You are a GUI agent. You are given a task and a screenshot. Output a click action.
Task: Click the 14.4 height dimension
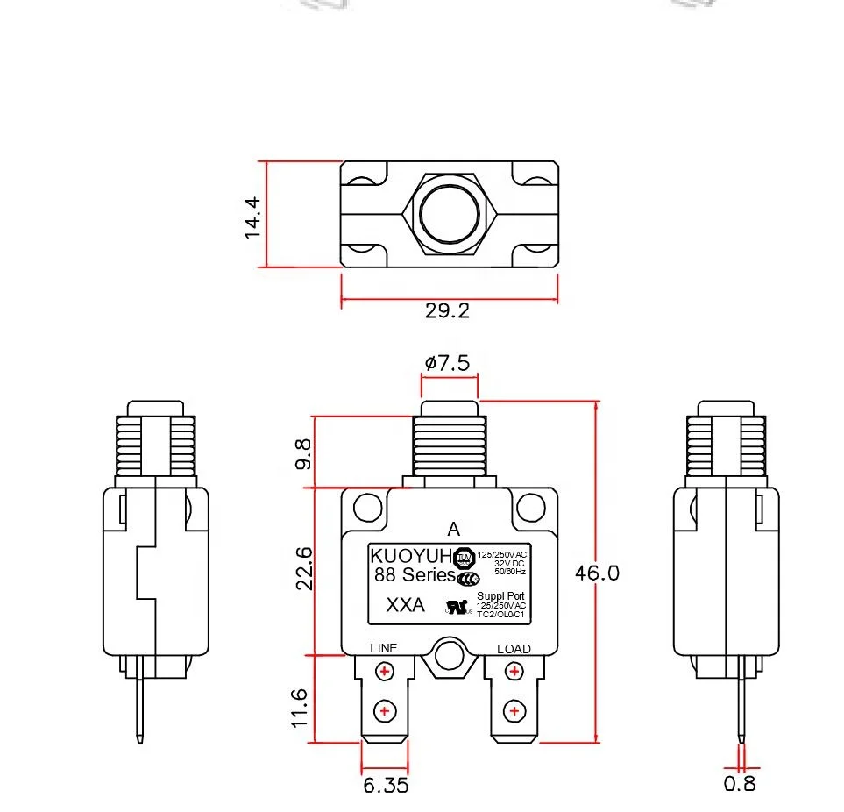tap(252, 217)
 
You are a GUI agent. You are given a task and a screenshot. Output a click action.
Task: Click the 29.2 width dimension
tap(448, 310)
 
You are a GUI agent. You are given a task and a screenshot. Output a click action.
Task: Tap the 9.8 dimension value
tap(303, 453)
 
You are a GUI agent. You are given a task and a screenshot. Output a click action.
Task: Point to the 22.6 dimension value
tap(303, 568)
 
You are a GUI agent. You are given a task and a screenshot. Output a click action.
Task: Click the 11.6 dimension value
tap(300, 707)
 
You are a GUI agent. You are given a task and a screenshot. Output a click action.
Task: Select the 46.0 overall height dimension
tap(597, 573)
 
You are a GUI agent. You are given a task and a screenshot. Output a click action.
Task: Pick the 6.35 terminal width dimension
tap(386, 785)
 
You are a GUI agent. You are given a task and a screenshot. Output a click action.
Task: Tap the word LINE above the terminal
tap(384, 648)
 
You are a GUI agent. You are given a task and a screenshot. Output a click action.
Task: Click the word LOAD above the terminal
tap(514, 649)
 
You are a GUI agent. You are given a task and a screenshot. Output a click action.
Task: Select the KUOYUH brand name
tap(410, 556)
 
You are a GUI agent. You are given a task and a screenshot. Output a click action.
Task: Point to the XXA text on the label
tap(406, 606)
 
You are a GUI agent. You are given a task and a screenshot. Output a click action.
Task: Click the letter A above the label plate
tap(453, 529)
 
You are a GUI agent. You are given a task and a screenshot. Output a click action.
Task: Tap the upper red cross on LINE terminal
tap(384, 673)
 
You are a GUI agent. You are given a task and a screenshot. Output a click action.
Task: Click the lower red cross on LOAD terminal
tap(514, 710)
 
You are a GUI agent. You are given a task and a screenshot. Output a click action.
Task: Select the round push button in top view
tap(450, 211)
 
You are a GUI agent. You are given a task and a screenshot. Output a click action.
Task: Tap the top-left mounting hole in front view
tap(368, 507)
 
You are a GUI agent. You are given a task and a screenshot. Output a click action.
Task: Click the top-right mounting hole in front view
tap(530, 507)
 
